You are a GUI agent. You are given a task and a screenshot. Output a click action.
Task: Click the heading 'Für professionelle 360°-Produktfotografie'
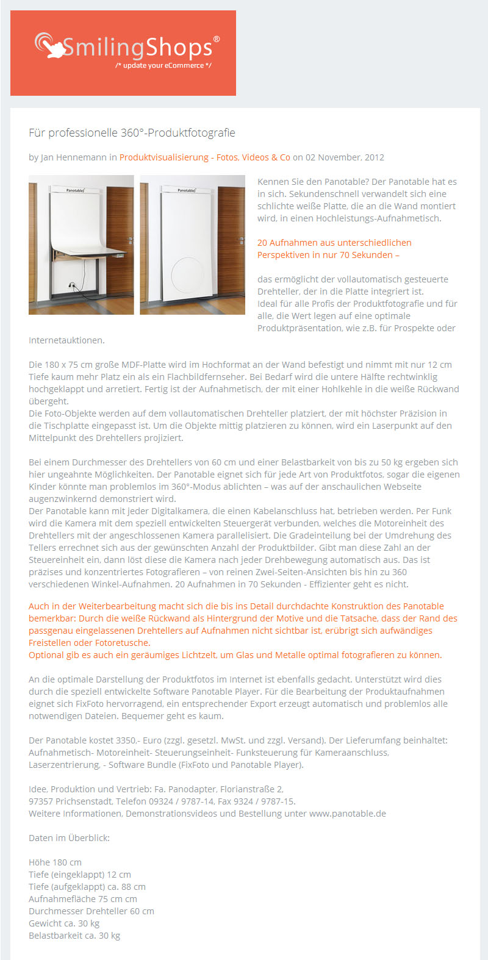(x=132, y=133)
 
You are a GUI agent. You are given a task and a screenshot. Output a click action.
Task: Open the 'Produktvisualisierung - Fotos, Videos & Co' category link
(x=205, y=157)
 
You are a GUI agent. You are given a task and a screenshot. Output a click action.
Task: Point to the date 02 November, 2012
(x=345, y=157)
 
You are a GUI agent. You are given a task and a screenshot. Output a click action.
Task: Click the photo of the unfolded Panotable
(x=81, y=245)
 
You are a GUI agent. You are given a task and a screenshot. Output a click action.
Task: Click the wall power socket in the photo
(x=71, y=285)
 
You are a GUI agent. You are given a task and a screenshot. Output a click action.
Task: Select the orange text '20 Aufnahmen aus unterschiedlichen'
(x=334, y=243)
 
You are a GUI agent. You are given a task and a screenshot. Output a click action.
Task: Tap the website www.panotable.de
(x=348, y=814)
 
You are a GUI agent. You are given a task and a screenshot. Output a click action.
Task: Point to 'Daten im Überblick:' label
(x=70, y=838)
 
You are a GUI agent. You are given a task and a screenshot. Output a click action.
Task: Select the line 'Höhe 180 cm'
(x=55, y=862)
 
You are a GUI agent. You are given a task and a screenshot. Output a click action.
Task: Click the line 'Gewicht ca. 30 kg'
(x=64, y=923)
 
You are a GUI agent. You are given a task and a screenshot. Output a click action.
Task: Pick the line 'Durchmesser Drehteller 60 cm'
(x=91, y=911)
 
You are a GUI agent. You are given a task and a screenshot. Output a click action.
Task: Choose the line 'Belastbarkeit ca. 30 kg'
(x=74, y=936)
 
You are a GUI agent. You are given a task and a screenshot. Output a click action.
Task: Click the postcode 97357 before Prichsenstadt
(x=41, y=801)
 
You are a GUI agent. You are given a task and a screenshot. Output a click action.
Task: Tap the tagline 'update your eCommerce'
(x=163, y=66)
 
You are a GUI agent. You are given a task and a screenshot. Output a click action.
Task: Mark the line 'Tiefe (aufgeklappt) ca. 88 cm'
(x=87, y=887)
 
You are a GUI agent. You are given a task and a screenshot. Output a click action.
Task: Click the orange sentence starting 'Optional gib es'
(x=235, y=655)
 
